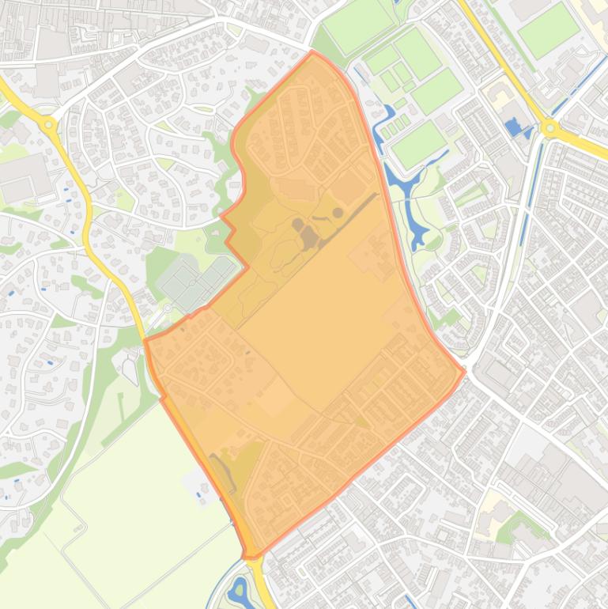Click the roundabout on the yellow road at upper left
coord(49,124)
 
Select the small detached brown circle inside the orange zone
coord(338,212)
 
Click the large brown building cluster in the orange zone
coord(307,235)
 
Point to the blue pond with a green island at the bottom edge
coord(240,590)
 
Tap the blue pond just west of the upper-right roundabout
coord(518,127)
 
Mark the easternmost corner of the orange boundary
coord(464,369)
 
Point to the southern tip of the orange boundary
coord(250,557)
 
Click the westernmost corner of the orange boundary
coord(145,341)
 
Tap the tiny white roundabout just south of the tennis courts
coord(168,309)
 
